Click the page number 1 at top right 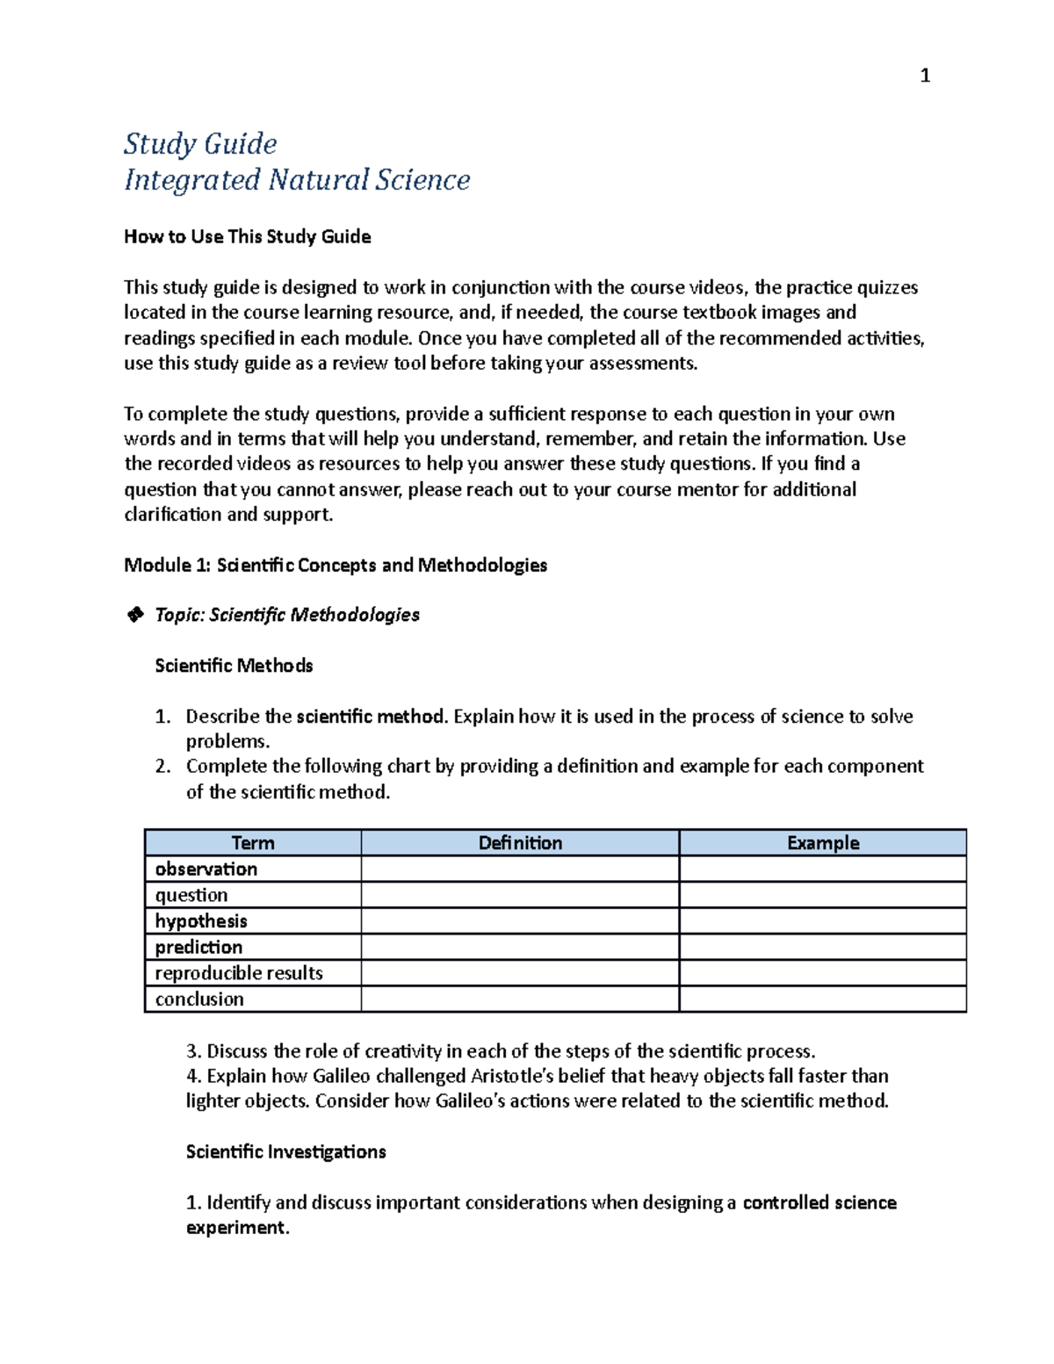point(924,76)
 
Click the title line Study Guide point(200,143)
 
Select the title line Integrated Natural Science point(297,179)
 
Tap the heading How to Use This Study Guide point(247,236)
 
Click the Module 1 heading point(336,565)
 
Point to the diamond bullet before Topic point(135,615)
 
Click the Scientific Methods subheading point(234,666)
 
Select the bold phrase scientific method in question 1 point(371,717)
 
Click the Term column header point(253,843)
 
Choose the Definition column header point(520,843)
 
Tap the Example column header point(823,843)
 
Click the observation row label point(206,870)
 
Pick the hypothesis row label point(201,921)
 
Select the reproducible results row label point(239,973)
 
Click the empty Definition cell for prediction point(520,948)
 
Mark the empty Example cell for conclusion point(823,1000)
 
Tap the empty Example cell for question point(823,896)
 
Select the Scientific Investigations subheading point(285,1151)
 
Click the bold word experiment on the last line point(236,1228)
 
